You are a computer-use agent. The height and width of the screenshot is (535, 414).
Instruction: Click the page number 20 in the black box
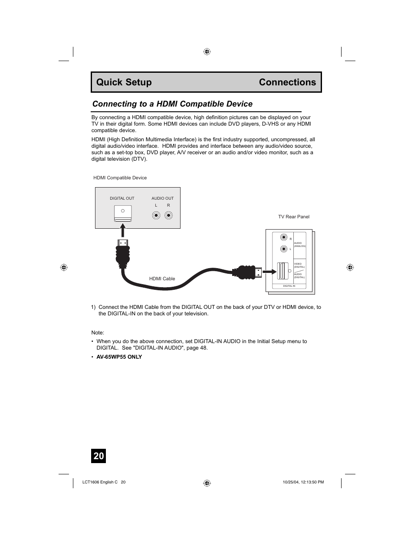click(x=99, y=456)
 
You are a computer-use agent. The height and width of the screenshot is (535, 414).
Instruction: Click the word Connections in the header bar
click(x=287, y=82)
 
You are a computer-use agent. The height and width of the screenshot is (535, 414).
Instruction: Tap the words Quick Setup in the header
click(x=124, y=82)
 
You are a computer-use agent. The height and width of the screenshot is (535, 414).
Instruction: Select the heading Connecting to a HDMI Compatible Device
click(x=172, y=104)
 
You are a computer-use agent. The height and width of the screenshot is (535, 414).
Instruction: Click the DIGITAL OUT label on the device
click(x=122, y=198)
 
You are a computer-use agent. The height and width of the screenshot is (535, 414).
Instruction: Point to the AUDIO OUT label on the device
click(x=162, y=198)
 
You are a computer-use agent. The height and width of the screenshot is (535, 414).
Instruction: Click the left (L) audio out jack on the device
click(x=156, y=215)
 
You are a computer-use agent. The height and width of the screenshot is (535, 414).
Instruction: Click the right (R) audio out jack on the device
click(x=168, y=215)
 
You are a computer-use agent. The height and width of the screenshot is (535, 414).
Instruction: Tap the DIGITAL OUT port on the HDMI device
click(x=123, y=213)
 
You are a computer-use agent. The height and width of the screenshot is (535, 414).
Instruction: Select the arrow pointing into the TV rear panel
click(x=270, y=272)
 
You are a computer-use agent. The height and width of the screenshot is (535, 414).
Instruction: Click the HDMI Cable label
click(x=162, y=279)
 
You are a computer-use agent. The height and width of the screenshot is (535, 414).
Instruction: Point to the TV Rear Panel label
click(x=294, y=217)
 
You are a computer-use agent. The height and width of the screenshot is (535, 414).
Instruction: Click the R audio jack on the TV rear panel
click(x=284, y=237)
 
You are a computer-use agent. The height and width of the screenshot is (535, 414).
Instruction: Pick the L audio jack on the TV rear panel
click(x=284, y=249)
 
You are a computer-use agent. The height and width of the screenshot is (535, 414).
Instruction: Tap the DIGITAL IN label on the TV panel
click(x=289, y=286)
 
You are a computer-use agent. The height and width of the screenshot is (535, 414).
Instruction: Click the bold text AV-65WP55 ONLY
click(x=119, y=357)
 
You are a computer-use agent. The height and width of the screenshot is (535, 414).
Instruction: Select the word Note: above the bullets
click(x=98, y=333)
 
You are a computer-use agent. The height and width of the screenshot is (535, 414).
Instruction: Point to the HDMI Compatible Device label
click(x=120, y=178)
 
